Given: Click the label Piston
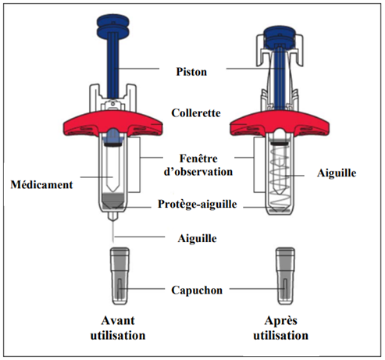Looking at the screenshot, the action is tap(191, 72).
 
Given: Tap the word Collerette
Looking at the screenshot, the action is tap(196, 113).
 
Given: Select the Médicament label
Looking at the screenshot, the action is tap(41, 184).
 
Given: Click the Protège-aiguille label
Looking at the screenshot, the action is tap(198, 204).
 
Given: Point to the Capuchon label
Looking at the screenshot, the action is tap(197, 290).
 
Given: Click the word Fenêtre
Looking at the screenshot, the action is tap(198, 159).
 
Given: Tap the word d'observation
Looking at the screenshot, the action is tap(198, 172).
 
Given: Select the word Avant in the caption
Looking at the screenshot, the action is tap(118, 320).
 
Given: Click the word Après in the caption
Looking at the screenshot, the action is tap(280, 320).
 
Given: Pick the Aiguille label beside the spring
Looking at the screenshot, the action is tap(337, 173).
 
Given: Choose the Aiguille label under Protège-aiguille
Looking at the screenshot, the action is tap(197, 238).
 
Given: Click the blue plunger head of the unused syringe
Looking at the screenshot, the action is tap(113, 27).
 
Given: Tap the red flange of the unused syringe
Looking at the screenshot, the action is tap(113, 123).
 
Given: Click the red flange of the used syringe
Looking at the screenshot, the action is tap(280, 123).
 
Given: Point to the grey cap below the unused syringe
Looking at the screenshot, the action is tap(119, 276).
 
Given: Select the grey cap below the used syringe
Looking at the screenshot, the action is tap(285, 276).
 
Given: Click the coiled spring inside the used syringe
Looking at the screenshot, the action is tap(280, 177).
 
